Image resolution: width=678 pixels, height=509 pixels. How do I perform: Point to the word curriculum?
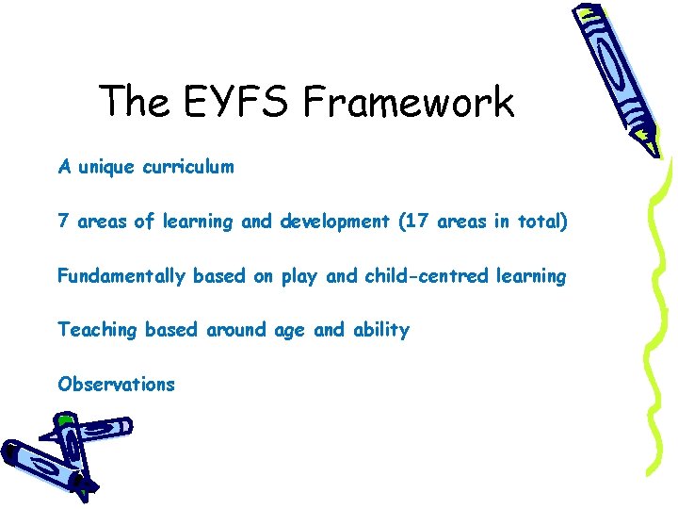coord(188,168)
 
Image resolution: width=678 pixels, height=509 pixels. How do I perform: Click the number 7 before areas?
coord(63,222)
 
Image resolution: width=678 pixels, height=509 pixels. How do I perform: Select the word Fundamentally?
coord(122,276)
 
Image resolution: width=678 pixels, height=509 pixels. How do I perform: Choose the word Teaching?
coord(97,331)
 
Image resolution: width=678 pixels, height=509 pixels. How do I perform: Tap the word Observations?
coord(116,385)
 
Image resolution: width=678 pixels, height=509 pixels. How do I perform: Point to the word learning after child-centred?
coord(530,277)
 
